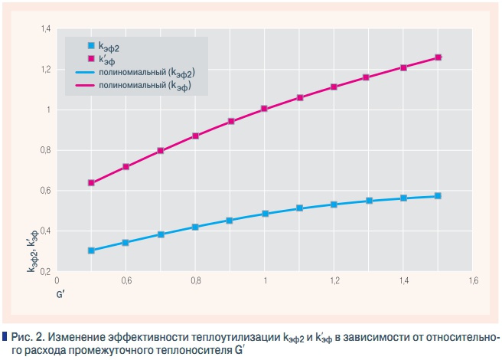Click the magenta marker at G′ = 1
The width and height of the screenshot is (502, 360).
point(265,109)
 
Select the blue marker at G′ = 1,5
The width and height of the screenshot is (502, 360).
point(438,196)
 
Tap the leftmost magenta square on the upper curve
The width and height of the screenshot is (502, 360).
point(92,183)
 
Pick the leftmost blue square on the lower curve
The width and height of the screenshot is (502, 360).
point(92,250)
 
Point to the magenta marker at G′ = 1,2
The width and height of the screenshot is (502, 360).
point(334,87)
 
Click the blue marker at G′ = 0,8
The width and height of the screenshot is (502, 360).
point(196,227)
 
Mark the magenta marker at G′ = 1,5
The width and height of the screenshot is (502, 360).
point(438,57)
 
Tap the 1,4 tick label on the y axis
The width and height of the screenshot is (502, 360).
point(45,29)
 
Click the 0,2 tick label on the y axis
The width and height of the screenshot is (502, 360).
point(45,271)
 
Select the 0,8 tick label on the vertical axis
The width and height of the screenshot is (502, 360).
point(45,150)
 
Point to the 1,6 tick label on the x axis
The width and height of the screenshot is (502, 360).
point(472,281)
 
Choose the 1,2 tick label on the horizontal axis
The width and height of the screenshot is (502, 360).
point(334,281)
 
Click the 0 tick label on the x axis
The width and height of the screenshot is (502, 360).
point(57,281)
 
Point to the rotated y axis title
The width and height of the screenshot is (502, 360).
point(35,257)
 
